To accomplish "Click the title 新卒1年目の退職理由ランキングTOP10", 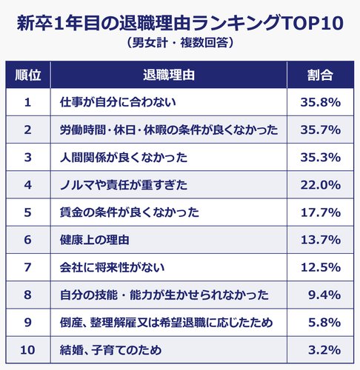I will click(x=180, y=21).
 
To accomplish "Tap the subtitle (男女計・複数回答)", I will click(x=180, y=43).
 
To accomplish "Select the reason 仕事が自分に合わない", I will click(x=116, y=102).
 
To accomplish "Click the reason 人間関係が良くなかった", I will click(x=123, y=157).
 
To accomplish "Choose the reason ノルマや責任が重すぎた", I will click(x=123, y=185).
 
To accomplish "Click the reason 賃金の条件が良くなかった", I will click(x=130, y=212).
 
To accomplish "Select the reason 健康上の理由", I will click(x=95, y=240).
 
